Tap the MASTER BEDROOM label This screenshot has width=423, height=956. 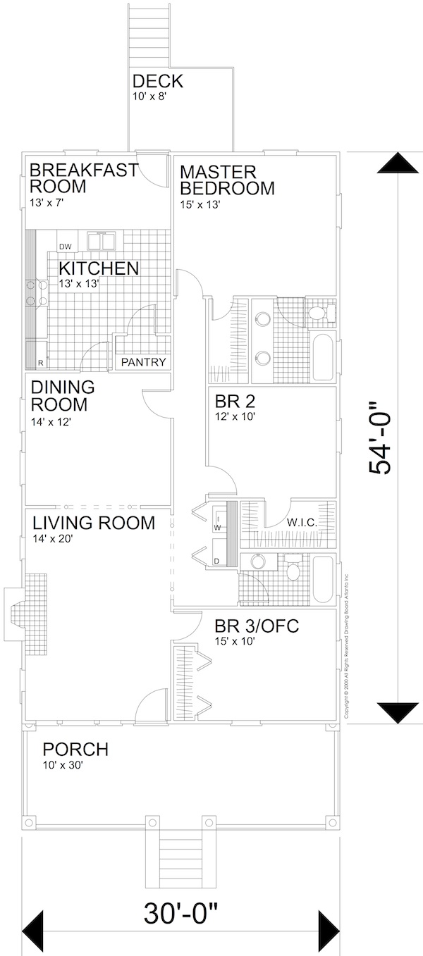click(226, 180)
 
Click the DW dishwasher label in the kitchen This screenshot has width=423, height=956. click(65, 247)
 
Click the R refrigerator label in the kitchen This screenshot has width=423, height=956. click(40, 363)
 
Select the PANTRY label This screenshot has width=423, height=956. click(143, 363)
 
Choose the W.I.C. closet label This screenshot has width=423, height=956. click(301, 523)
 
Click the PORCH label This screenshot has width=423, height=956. click(75, 750)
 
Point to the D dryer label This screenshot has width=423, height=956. click(216, 561)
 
